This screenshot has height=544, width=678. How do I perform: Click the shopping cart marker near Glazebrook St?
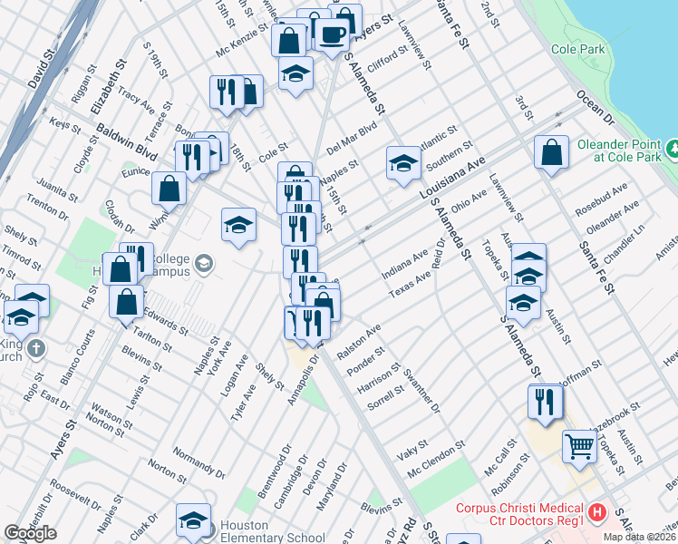pyautogui.click(x=579, y=445)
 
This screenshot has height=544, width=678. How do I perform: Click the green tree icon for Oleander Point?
pyautogui.click(x=673, y=148)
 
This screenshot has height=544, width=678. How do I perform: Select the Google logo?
pyautogui.click(x=30, y=533)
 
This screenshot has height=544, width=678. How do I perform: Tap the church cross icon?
pyautogui.click(x=35, y=349)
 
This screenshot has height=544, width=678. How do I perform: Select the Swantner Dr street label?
pyautogui.click(x=422, y=391)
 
